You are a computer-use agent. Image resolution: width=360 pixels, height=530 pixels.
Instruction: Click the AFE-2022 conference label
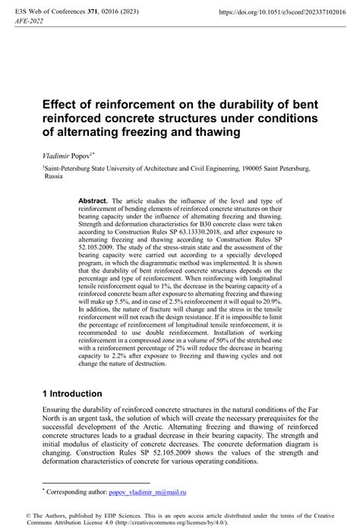click(29, 23)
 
